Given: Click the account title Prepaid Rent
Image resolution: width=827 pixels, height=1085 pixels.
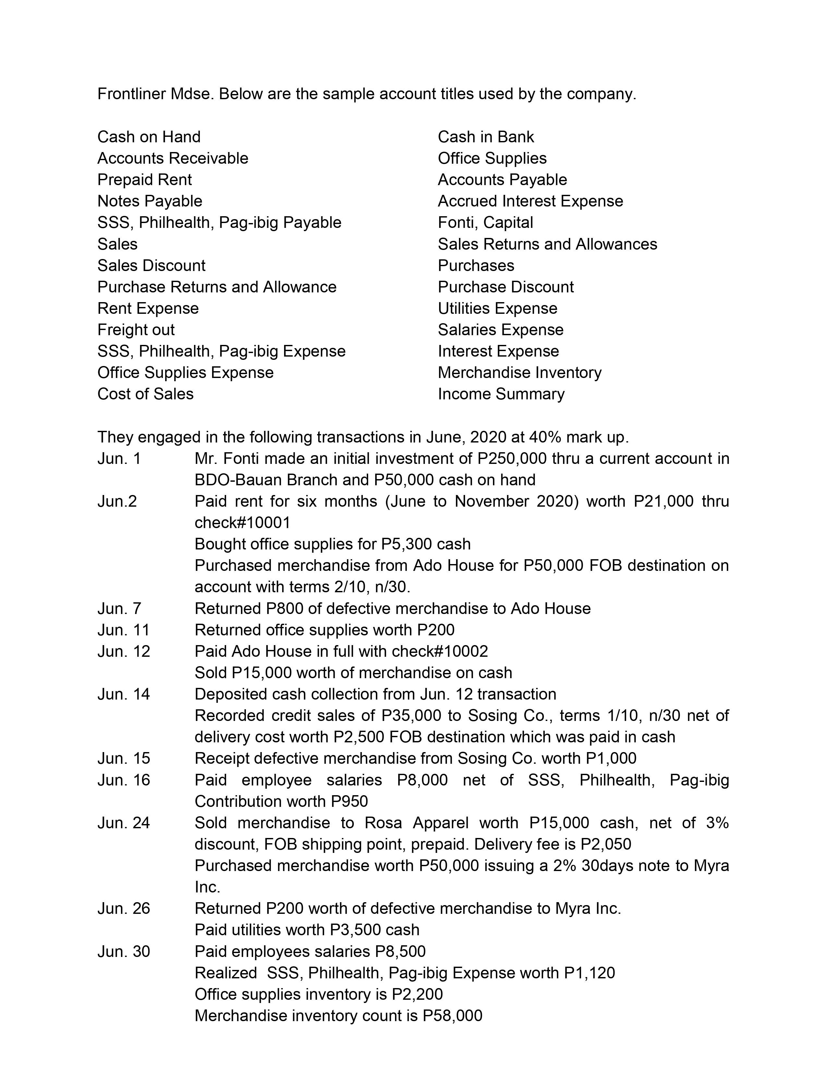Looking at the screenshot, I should click(144, 180).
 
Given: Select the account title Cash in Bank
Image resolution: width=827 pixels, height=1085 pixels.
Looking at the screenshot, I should click(485, 137).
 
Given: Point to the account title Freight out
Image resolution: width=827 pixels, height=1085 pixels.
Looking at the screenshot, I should click(136, 330).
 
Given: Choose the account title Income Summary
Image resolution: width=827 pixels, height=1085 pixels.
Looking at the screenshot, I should click(501, 394).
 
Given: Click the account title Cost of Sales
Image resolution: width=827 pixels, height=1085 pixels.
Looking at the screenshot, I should click(145, 394).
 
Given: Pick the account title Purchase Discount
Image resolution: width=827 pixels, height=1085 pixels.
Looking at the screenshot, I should click(506, 287).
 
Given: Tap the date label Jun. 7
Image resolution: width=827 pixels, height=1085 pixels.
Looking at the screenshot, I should click(119, 609).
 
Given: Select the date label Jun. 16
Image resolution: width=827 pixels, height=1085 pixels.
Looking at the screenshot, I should click(124, 780).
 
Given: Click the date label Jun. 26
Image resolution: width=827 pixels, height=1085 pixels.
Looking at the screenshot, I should click(124, 908).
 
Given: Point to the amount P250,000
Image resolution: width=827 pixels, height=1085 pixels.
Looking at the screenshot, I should click(512, 459).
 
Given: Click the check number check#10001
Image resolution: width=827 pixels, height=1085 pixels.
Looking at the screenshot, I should click(242, 523).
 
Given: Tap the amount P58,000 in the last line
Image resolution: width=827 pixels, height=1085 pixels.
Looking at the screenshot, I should click(452, 1016).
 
